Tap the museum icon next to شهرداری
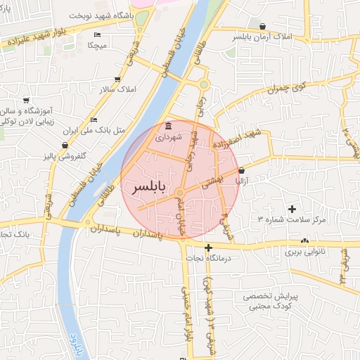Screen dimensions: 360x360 167,126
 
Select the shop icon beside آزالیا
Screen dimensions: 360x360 242,170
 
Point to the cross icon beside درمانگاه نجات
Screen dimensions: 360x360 208,247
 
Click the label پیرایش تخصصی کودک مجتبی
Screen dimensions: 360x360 271,302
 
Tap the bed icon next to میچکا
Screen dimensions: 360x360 97,34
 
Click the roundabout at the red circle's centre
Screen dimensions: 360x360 180,192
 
